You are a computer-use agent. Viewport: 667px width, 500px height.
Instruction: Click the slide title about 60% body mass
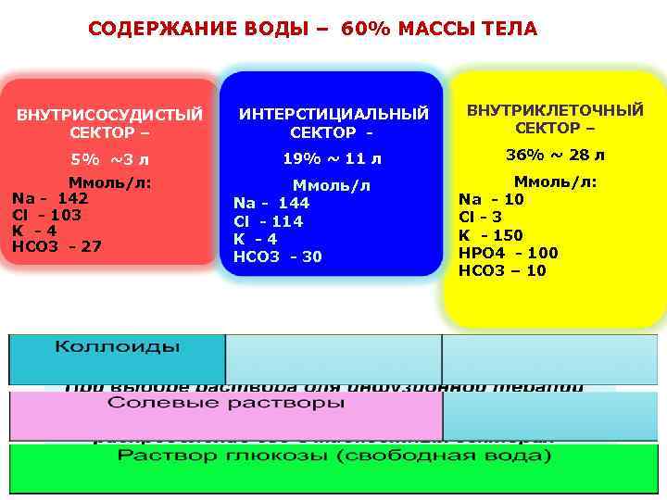tap(312, 29)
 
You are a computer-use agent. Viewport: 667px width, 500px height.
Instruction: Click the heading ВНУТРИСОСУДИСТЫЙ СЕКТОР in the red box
tap(108, 123)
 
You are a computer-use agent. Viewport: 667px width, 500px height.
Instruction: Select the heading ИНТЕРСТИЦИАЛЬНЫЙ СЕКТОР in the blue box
tap(333, 123)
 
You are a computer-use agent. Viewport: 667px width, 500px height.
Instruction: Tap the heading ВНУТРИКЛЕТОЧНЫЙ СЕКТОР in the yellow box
tap(554, 119)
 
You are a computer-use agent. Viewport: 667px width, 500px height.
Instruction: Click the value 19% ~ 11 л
tap(332, 158)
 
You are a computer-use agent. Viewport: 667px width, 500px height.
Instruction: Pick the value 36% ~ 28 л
tap(554, 155)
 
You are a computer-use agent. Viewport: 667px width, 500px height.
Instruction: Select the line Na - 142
tap(50, 198)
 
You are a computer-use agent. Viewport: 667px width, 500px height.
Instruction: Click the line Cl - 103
tap(46, 214)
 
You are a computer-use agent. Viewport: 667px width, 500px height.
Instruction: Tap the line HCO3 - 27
tap(57, 246)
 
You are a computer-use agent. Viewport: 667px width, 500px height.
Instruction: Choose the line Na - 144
tap(271, 203)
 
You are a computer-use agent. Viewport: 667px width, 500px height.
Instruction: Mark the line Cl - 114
tap(269, 221)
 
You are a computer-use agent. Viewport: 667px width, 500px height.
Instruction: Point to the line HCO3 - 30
tap(278, 256)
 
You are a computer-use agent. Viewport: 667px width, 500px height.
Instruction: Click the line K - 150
tap(491, 235)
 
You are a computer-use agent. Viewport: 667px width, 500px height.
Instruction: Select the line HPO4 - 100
tap(509, 253)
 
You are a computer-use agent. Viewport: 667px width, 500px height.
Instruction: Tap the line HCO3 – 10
tap(503, 270)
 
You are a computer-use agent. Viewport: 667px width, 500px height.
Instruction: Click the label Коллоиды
tap(117, 347)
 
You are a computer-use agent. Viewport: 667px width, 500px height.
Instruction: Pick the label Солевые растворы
tap(226, 404)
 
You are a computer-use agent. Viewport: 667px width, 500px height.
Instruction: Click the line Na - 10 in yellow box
tap(491, 199)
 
